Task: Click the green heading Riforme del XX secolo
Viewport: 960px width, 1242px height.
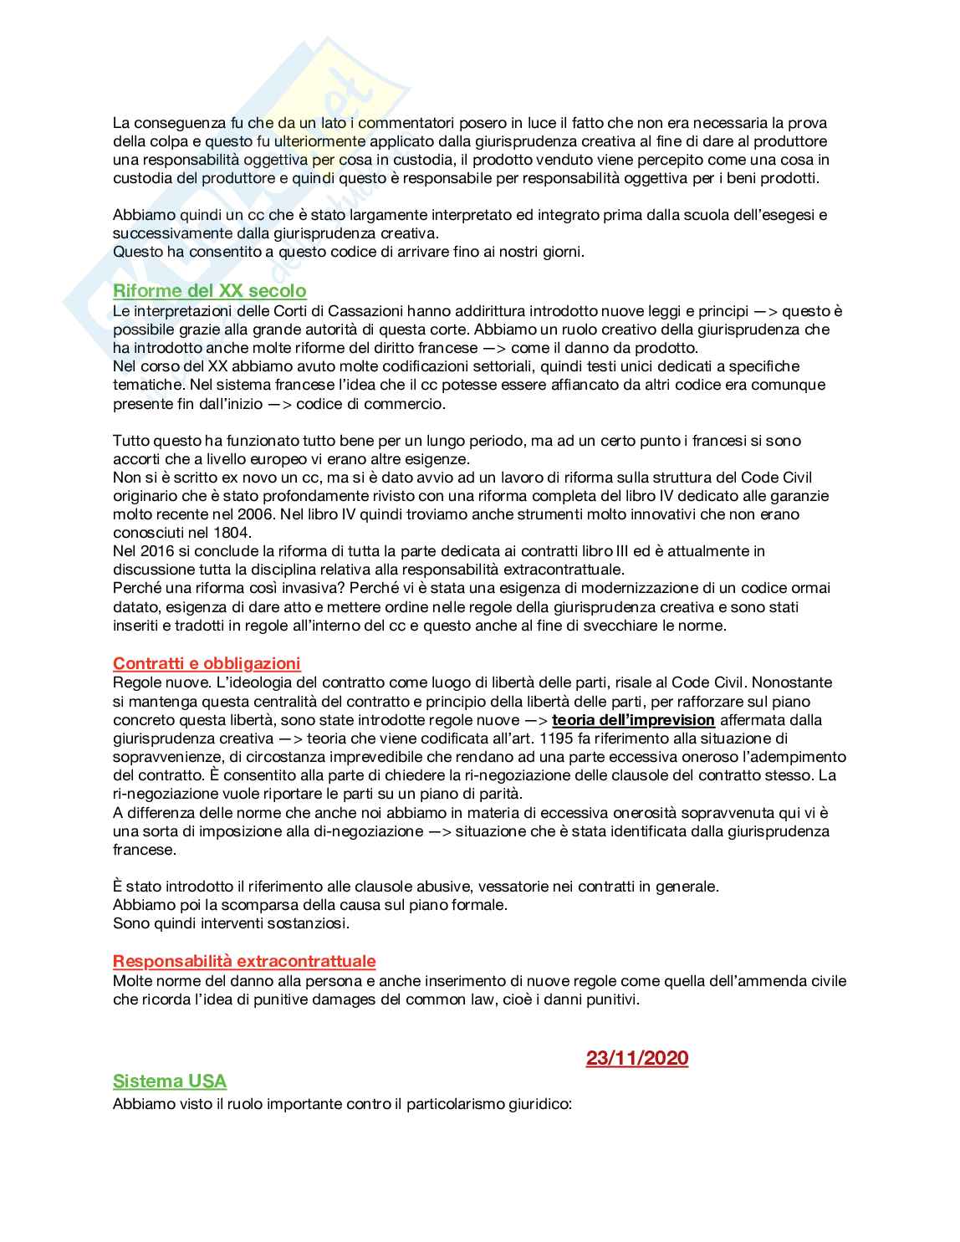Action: pyautogui.click(x=209, y=291)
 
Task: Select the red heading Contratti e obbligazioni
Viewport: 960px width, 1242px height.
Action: pyautogui.click(x=207, y=663)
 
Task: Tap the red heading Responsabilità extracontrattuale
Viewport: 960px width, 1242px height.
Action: pyautogui.click(x=244, y=961)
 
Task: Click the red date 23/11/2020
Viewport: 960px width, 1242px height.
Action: pyautogui.click(x=636, y=1058)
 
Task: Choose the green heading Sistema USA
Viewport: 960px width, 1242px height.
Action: pyautogui.click(x=170, y=1081)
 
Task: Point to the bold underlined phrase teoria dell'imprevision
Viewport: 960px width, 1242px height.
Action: pyautogui.click(x=633, y=720)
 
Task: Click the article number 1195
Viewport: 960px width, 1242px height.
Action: pyautogui.click(x=557, y=739)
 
